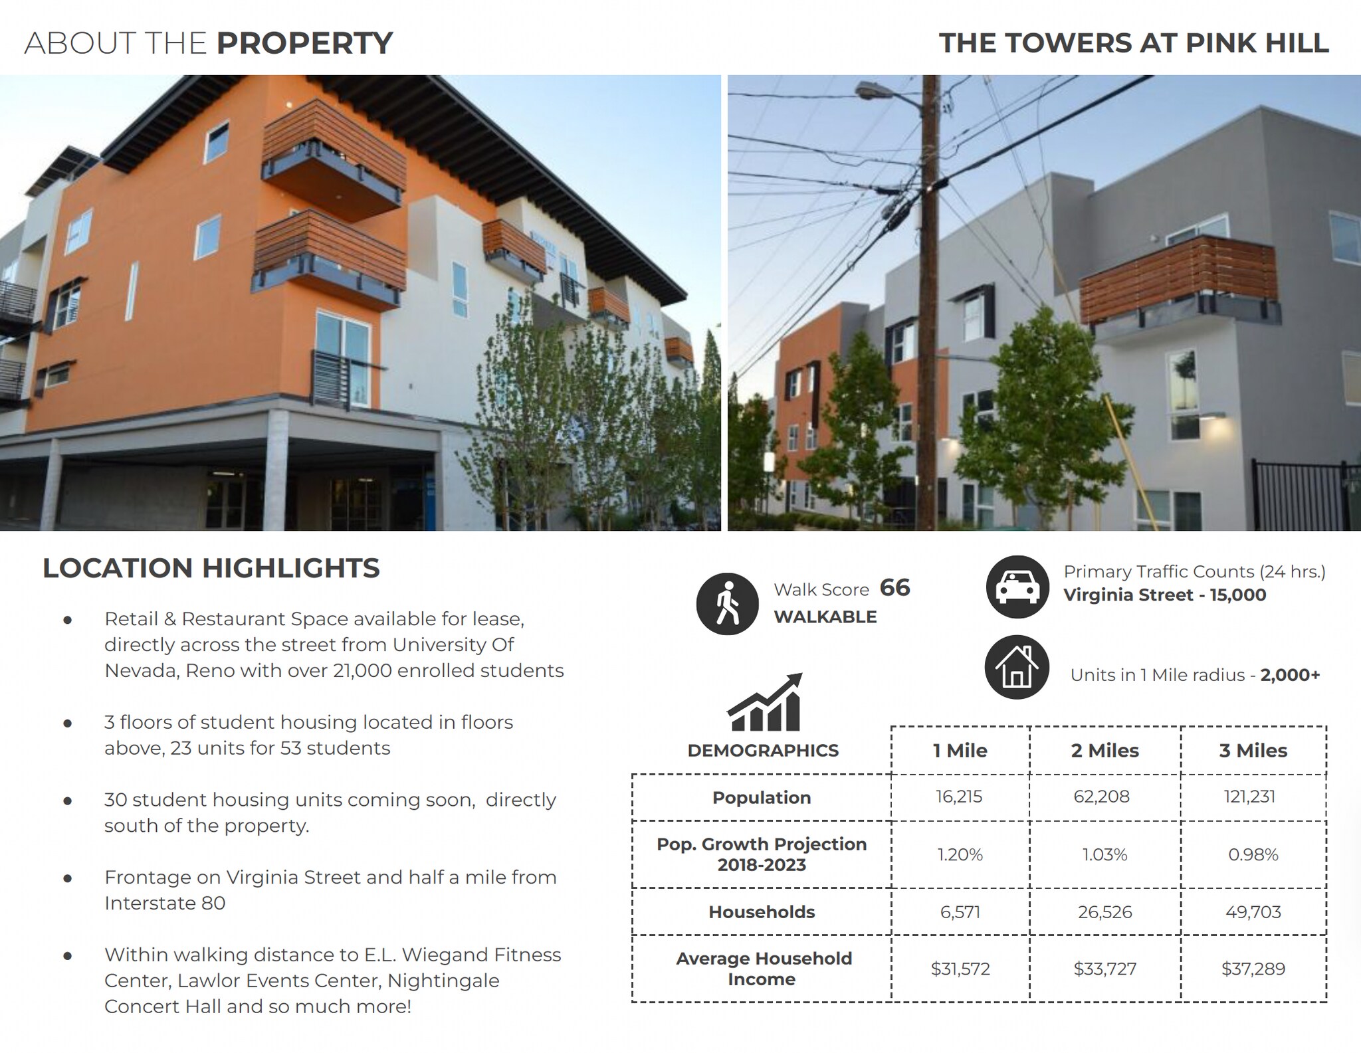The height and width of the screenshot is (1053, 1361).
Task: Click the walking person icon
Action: [728, 603]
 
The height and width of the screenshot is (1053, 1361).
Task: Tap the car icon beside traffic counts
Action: [1017, 587]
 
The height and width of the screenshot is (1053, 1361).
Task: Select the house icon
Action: [1017, 668]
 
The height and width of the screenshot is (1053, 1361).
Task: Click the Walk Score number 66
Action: [894, 588]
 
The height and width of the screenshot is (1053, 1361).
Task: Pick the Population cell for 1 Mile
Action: [959, 797]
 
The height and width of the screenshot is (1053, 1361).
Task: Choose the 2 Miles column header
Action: [1104, 750]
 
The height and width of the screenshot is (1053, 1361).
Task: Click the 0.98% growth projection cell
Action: [1253, 854]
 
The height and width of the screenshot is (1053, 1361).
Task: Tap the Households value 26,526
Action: [1104, 911]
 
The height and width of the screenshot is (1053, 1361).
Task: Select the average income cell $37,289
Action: [1253, 969]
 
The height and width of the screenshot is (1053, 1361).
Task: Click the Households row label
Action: [762, 911]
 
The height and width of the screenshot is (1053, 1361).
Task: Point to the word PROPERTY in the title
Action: [304, 43]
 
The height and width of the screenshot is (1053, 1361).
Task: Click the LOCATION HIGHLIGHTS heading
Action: [211, 568]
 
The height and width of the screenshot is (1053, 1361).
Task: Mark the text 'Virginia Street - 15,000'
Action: [1164, 595]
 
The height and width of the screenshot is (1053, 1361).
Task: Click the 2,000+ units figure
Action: [1290, 675]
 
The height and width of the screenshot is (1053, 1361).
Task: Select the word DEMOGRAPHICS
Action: [763, 751]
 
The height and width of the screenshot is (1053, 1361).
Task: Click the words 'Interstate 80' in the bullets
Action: [165, 903]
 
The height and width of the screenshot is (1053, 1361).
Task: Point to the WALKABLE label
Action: [825, 617]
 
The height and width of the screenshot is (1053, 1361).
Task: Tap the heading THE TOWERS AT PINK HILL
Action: [1134, 43]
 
